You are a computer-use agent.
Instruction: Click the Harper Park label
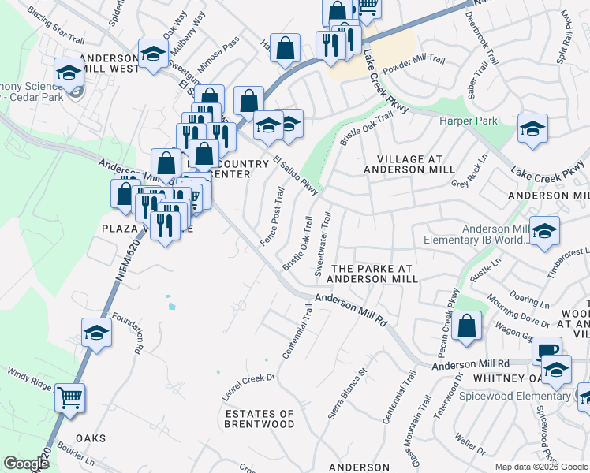pos(469,121)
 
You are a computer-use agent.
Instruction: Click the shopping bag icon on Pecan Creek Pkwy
pos(467,326)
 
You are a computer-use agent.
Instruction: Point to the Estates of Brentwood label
pos(260,419)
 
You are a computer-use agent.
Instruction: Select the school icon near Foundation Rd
pos(96,332)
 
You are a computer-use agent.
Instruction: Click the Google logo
pos(26,464)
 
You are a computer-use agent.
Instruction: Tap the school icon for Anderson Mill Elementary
pos(543,231)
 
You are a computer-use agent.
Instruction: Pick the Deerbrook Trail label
pos(482,36)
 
